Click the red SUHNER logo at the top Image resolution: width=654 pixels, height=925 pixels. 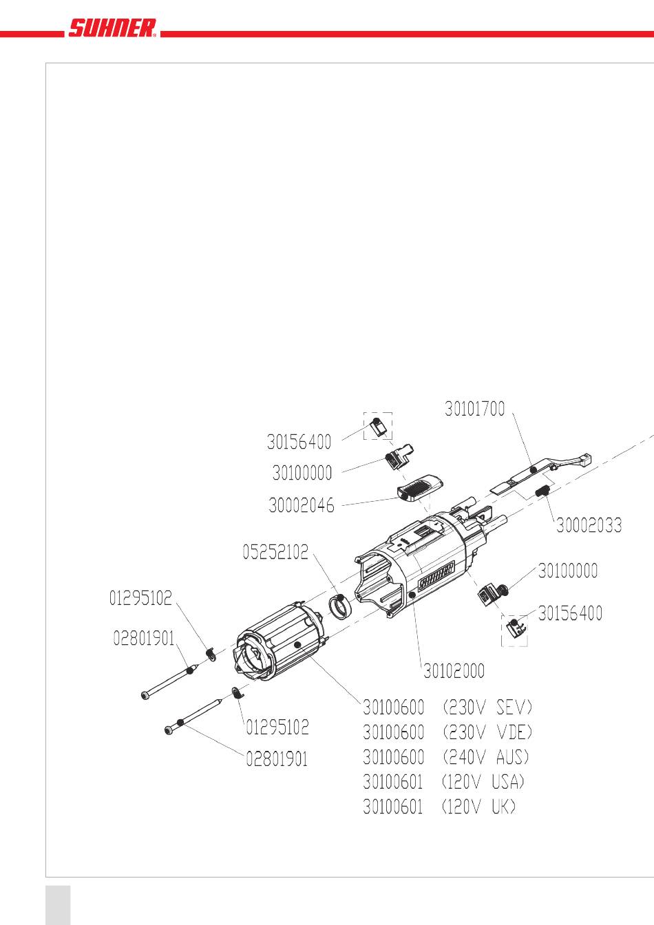click(112, 28)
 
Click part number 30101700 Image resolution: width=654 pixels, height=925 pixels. click(475, 409)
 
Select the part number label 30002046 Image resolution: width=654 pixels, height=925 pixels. click(301, 505)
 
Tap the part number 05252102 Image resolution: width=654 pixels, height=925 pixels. click(275, 552)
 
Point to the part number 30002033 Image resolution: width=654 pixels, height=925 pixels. click(589, 525)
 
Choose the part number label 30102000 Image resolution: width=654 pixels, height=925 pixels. click(454, 670)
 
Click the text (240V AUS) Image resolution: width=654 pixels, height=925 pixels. click(486, 757)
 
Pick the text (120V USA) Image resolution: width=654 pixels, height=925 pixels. click(483, 782)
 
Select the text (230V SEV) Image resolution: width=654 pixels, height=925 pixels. click(487, 708)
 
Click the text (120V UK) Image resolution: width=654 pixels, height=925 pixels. click(478, 807)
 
